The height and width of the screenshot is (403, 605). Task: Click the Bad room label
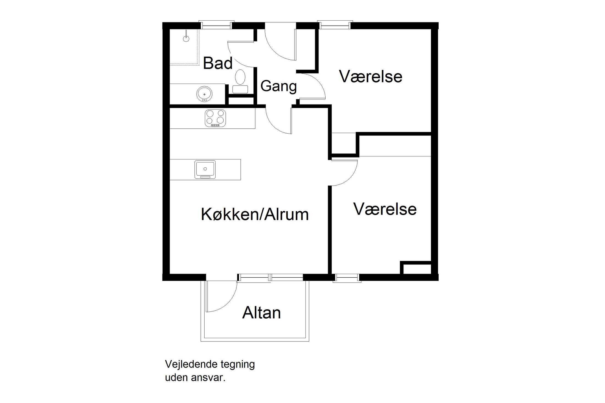pyautogui.click(x=218, y=63)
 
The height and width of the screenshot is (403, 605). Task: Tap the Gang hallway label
pyautogui.click(x=279, y=86)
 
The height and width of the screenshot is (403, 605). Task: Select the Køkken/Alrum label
pyautogui.click(x=255, y=214)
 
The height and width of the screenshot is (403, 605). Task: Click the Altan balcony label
pyautogui.click(x=261, y=313)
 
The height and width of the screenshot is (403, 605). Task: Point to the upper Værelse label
pyautogui.click(x=370, y=76)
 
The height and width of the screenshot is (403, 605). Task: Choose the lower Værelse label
pyautogui.click(x=385, y=209)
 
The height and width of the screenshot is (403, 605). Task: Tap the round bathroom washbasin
pyautogui.click(x=204, y=94)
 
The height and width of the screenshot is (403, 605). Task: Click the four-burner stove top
pyautogui.click(x=215, y=118)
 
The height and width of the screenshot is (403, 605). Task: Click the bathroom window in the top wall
pyautogui.click(x=216, y=25)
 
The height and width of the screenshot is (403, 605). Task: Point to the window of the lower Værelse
pyautogui.click(x=346, y=278)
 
